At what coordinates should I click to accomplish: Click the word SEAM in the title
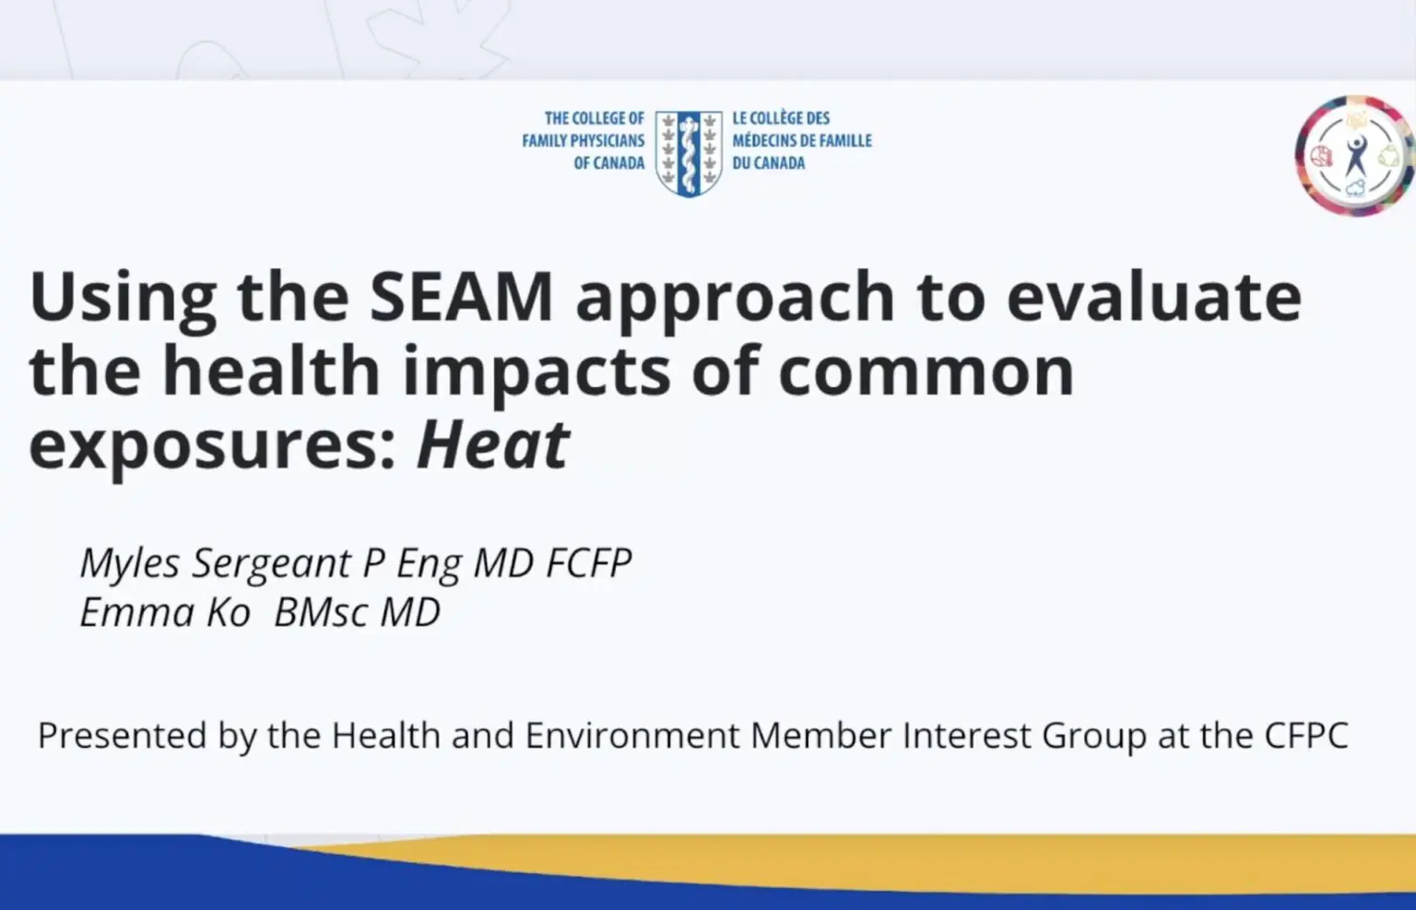462,297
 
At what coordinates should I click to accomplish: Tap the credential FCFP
588,561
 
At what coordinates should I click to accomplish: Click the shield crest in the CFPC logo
689,154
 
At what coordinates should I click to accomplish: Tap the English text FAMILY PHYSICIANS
584,140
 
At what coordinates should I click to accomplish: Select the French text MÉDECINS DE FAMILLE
802,140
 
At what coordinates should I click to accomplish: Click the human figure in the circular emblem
1355,156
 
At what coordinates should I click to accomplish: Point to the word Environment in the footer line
632,736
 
